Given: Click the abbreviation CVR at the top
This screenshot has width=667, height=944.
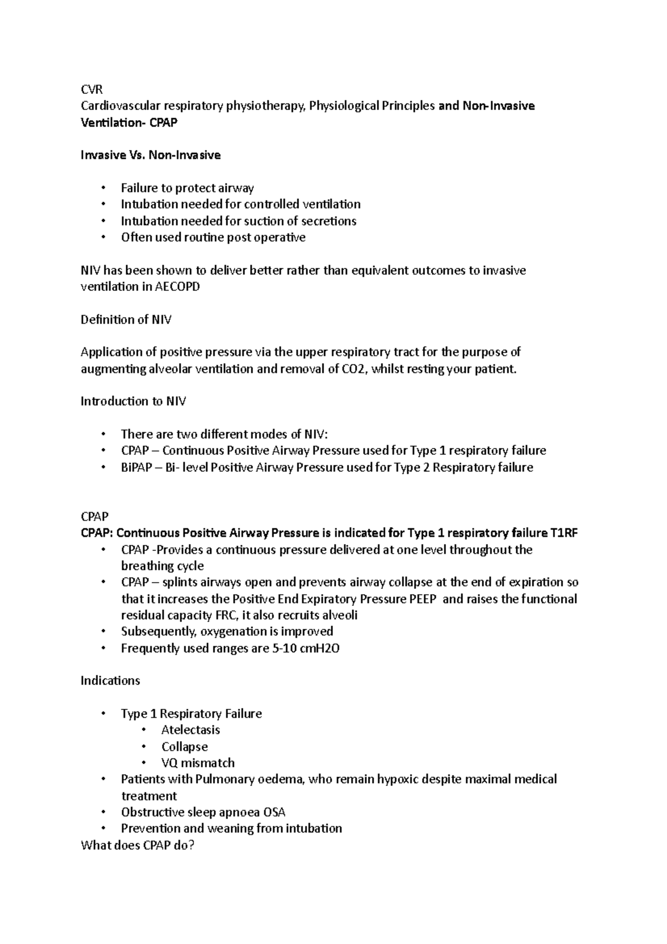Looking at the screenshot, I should [x=92, y=90].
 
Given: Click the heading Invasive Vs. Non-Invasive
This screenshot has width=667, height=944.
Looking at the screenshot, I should [x=150, y=155].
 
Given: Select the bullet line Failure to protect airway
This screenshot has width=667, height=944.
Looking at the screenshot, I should [x=187, y=188].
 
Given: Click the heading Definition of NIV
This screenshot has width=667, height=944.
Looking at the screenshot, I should [x=126, y=320].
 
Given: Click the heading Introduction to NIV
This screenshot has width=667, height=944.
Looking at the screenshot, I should [x=133, y=401].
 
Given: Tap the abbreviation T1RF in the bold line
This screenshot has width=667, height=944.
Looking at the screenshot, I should [x=564, y=533].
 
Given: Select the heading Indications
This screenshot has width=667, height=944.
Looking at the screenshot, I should [x=110, y=681].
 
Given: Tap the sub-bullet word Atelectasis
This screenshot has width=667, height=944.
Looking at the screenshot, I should [x=191, y=730].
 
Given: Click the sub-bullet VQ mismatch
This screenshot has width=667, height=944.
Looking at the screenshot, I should [x=198, y=763].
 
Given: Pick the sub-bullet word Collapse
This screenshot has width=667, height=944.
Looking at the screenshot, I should [x=185, y=747].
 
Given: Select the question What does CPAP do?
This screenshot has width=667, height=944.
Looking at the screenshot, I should [x=137, y=846].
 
